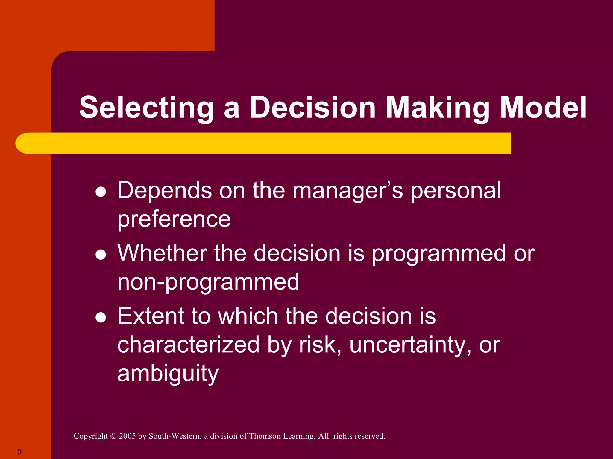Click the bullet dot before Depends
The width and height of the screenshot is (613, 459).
tap(101, 192)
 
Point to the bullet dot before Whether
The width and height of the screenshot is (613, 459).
tap(101, 255)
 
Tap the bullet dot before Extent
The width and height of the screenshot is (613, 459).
tap(101, 318)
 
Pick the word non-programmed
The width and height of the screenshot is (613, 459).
tap(208, 282)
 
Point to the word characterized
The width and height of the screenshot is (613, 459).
tap(188, 345)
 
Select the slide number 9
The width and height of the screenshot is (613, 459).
tap(19, 452)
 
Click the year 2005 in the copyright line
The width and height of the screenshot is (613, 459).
tap(127, 436)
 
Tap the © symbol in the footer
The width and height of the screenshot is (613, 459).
tap(113, 436)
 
